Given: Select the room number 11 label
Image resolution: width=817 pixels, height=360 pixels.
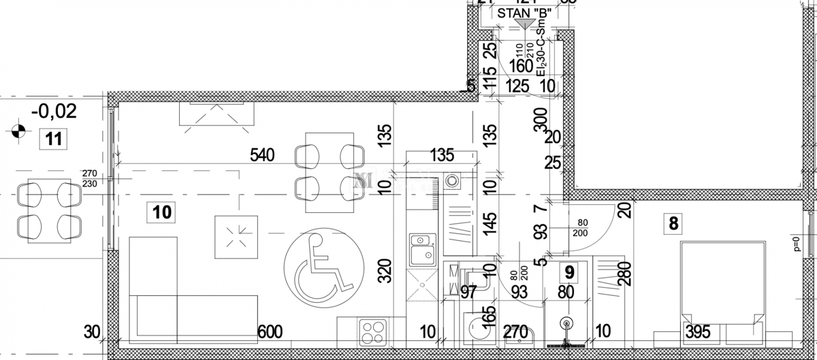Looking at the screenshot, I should tap(54, 140).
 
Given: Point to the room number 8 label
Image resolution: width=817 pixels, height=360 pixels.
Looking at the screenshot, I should tap(674, 222).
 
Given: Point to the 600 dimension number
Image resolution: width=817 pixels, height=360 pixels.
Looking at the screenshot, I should tap(271, 332).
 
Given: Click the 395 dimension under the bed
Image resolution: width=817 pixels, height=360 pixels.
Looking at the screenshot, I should tap(698, 332).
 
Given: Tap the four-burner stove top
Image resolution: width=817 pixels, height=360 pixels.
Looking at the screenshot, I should tap(372, 333).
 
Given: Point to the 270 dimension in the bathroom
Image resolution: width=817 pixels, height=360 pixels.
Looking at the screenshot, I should tap(515, 333).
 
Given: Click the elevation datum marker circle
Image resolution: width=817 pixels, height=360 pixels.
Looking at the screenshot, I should tap(18, 129).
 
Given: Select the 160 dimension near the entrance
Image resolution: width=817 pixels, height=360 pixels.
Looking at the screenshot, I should tap(519, 67).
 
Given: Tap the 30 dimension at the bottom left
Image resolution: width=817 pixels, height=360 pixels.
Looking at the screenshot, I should tap(92, 332).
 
